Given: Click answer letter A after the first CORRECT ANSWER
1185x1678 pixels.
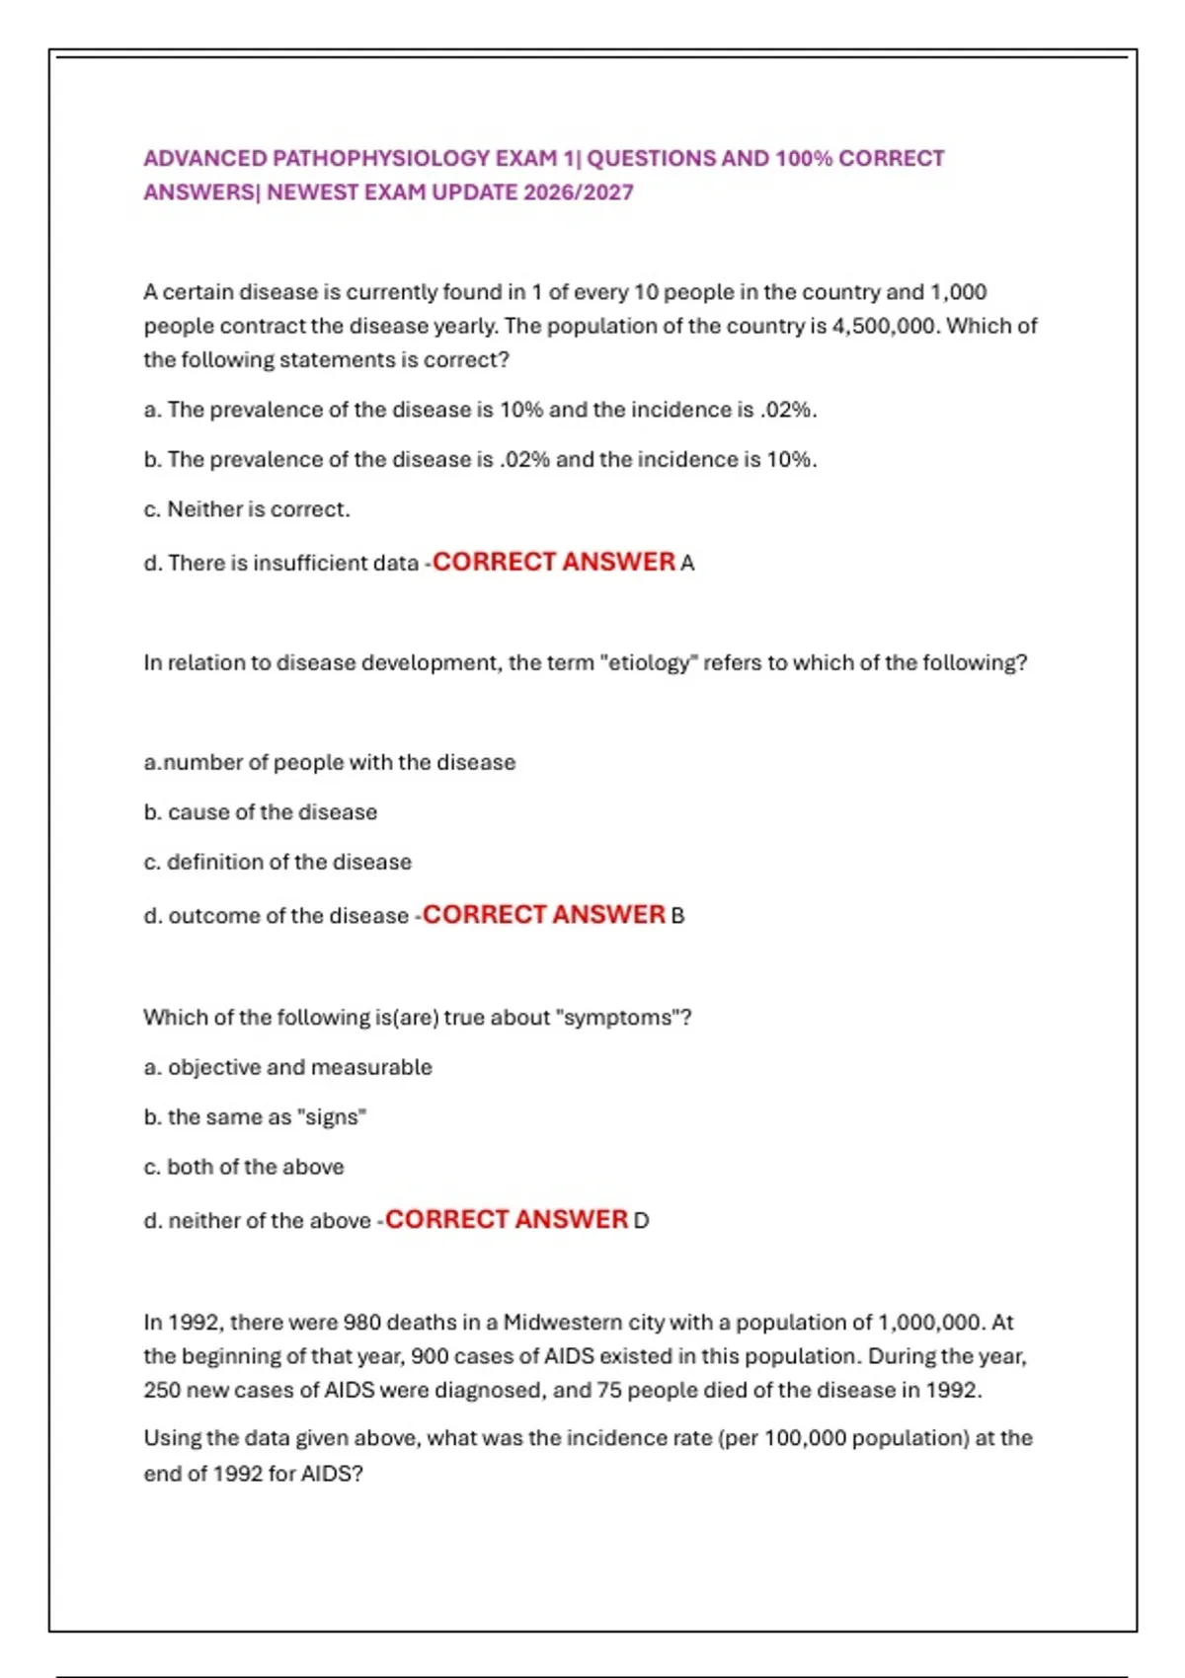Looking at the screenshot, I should (687, 563).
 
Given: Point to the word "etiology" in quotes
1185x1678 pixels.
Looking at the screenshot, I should (647, 662).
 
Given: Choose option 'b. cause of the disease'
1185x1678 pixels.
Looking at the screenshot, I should (261, 812).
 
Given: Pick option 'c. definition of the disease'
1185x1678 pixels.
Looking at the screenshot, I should (277, 862).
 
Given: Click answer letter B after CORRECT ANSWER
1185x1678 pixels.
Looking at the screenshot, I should (677, 916).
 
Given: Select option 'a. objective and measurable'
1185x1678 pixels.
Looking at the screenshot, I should (287, 1067).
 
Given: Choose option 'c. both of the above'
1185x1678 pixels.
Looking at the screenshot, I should (244, 1167).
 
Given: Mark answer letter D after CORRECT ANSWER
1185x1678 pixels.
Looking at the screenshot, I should (641, 1221).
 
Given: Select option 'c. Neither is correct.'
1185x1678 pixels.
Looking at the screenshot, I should (247, 509).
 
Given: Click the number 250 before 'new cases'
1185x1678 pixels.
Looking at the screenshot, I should (162, 1390).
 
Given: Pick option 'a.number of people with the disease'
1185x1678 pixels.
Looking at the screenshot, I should (330, 762).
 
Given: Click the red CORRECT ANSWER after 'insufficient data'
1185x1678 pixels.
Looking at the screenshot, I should (553, 562).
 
